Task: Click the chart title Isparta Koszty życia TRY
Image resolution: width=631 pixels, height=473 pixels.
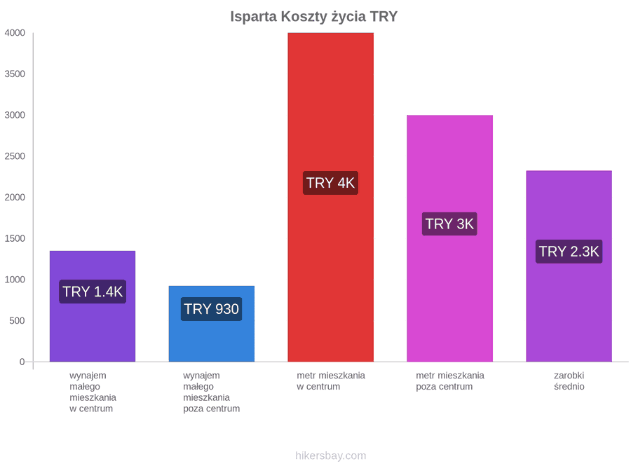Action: click(x=314, y=17)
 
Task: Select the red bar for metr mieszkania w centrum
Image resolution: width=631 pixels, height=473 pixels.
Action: click(x=330, y=197)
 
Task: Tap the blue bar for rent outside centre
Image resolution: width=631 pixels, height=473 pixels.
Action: click(x=211, y=324)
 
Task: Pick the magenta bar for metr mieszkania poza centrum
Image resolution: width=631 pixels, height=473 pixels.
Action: click(x=449, y=238)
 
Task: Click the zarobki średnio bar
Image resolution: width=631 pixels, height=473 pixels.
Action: click(x=569, y=266)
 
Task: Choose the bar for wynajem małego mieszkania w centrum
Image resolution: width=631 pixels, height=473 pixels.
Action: click(x=92, y=306)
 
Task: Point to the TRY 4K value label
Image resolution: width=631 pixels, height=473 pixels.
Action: click(x=330, y=183)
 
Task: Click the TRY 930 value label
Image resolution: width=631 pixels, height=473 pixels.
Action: click(x=211, y=309)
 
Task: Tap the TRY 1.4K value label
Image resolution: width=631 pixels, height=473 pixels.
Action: click(x=93, y=292)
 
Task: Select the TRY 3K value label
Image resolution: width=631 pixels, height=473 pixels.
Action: click(x=449, y=224)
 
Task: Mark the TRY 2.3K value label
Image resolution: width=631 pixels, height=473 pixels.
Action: click(x=569, y=252)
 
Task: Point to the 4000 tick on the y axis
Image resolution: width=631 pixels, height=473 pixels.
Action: click(x=15, y=32)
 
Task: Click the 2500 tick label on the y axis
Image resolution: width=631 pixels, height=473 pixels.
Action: click(x=15, y=156)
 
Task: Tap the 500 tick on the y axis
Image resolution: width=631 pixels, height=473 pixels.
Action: click(x=17, y=320)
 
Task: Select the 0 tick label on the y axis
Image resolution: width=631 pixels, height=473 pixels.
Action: click(x=22, y=362)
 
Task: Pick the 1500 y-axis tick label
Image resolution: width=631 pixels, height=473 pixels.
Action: click(x=15, y=238)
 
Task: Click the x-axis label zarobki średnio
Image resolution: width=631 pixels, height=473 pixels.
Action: click(x=569, y=381)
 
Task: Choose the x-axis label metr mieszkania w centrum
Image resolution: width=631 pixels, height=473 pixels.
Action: click(x=331, y=381)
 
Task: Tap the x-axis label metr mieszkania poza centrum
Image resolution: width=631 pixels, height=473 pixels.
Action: click(x=450, y=381)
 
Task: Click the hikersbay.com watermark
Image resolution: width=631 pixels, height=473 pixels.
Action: click(x=330, y=455)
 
